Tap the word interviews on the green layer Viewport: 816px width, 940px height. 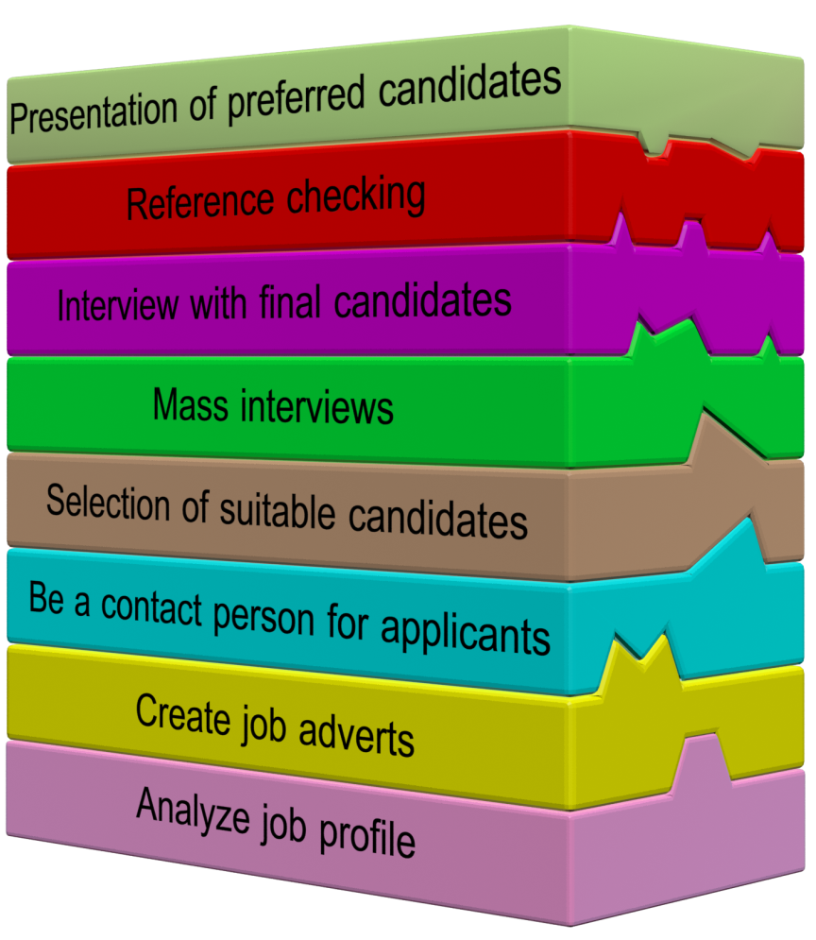[315, 408]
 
